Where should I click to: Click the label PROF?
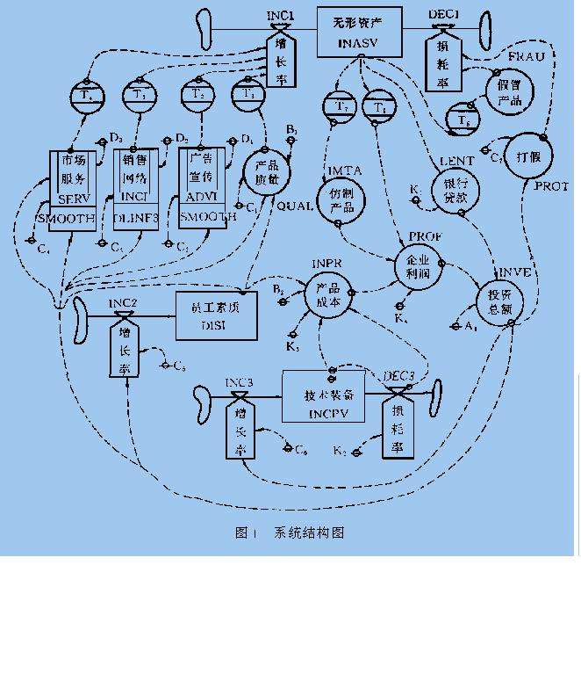point(426,238)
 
